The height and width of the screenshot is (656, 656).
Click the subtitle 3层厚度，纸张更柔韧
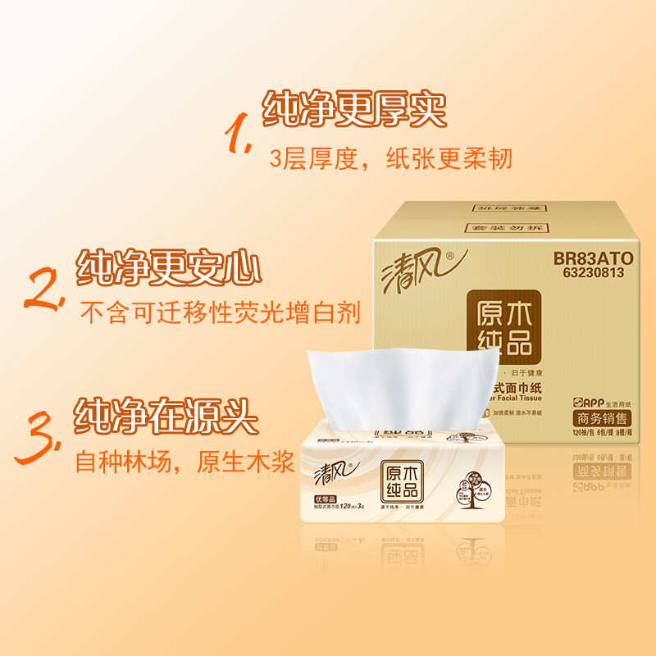click(x=390, y=157)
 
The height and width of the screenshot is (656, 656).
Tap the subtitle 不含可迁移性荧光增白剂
click(x=219, y=312)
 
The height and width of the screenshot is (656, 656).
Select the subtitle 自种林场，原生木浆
click(x=184, y=462)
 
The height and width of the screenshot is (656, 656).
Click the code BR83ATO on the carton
click(x=589, y=257)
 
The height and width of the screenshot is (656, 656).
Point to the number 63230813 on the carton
click(x=589, y=272)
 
